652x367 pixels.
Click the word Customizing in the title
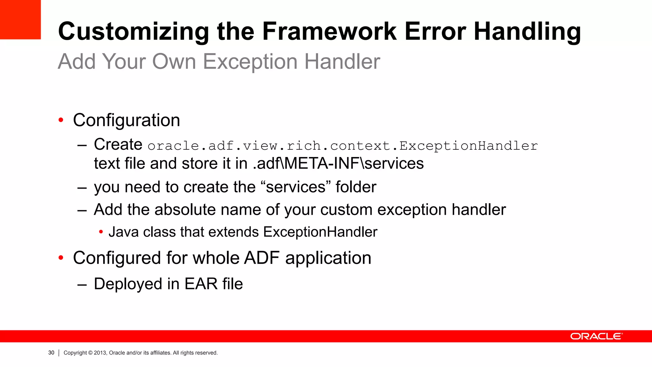tap(133, 32)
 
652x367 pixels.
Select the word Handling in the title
tap(527, 32)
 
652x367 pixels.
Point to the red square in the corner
tap(20, 19)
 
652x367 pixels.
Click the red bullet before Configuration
tap(61, 120)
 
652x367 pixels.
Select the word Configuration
tap(126, 120)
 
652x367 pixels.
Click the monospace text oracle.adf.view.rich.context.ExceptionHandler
tap(343, 146)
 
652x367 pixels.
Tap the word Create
tap(118, 144)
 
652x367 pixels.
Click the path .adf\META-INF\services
tap(338, 163)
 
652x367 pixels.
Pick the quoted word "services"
tap(296, 187)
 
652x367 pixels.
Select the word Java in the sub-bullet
tap(124, 232)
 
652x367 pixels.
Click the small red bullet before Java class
tap(101, 232)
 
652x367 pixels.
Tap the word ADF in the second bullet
tap(262, 258)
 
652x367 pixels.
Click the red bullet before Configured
tap(61, 258)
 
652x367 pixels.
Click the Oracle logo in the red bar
tap(596, 336)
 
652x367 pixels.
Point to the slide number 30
tap(51, 353)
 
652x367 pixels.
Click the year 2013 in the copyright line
tap(100, 353)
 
